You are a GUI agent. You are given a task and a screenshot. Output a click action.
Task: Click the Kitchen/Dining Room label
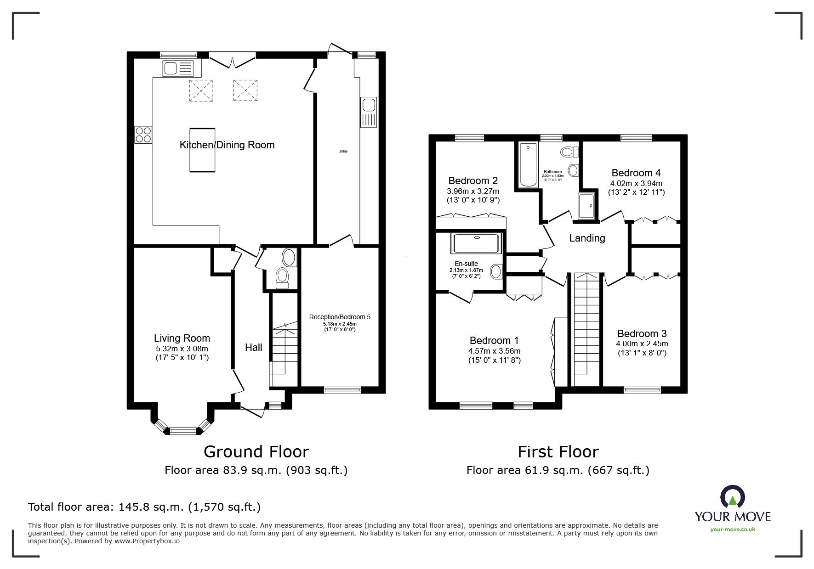(x=227, y=145)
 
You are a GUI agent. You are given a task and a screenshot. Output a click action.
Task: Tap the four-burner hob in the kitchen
(x=143, y=135)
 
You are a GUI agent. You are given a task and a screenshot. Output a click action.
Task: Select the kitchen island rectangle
(x=202, y=150)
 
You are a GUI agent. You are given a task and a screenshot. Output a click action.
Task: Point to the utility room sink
(x=369, y=112)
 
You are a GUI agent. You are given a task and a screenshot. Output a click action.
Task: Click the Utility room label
(x=343, y=151)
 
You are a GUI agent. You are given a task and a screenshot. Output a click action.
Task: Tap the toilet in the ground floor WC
(x=282, y=278)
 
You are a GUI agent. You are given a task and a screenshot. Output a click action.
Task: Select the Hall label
(x=253, y=348)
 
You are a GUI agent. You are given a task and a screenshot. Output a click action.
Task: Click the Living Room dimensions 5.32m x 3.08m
(x=182, y=349)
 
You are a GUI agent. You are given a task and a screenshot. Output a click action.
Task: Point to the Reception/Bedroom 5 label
(x=340, y=317)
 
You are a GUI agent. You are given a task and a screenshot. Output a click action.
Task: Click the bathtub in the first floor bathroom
(x=528, y=165)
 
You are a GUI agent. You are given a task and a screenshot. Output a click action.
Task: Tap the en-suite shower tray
(x=476, y=243)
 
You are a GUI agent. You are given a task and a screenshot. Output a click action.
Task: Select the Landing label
(x=587, y=238)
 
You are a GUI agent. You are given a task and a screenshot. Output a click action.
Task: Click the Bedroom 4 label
(x=636, y=173)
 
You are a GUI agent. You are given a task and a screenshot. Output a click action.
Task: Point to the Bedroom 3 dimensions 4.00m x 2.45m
(x=642, y=344)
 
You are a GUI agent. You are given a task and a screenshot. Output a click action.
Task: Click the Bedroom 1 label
(x=494, y=341)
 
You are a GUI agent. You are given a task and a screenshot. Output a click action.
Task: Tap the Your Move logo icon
(x=733, y=497)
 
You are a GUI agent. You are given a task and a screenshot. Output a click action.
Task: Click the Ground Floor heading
(x=256, y=452)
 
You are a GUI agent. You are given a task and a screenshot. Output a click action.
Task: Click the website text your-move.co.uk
(x=733, y=530)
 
